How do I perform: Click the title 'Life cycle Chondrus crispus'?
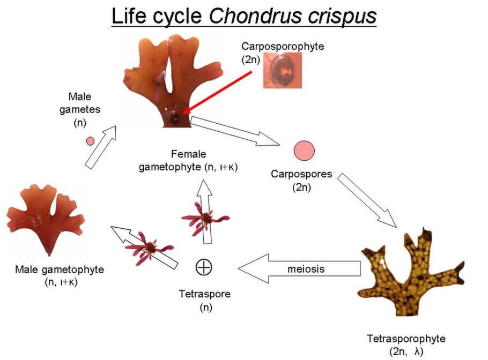[243, 17]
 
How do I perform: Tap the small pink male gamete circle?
[91, 141]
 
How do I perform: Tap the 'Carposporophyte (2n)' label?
[282, 52]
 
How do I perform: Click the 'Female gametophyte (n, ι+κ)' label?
[188, 160]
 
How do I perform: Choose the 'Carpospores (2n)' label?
[301, 181]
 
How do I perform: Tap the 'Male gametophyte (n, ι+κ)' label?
[60, 275]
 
